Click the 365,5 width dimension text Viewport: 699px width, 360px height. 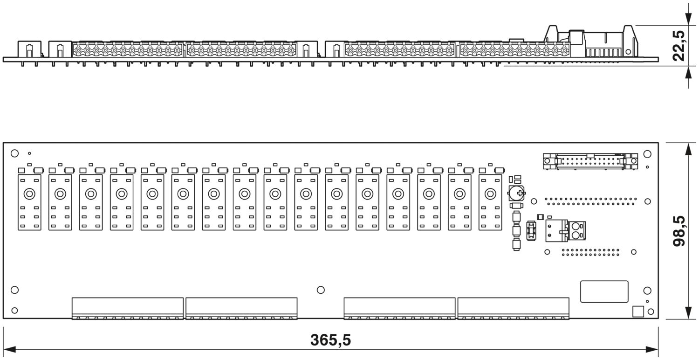(x=330, y=340)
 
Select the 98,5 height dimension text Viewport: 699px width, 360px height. (x=679, y=231)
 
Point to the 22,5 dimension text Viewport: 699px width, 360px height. (x=679, y=46)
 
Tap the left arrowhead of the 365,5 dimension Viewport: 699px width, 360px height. (x=9, y=349)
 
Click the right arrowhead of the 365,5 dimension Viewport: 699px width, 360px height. (x=652, y=349)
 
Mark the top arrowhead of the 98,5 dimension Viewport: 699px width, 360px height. (x=688, y=149)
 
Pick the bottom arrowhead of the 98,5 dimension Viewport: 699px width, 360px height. (x=688, y=312)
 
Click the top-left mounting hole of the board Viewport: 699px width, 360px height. (x=14, y=153)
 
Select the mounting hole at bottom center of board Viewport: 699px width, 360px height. (x=321, y=290)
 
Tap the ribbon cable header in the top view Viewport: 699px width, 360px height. (x=590, y=161)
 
